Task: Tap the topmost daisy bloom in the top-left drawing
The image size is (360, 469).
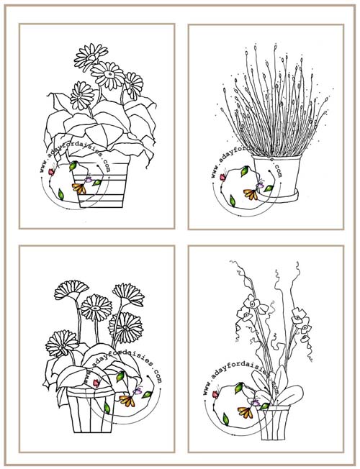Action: pyautogui.click(x=91, y=57)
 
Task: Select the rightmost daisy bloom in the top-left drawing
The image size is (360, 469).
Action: pyautogui.click(x=134, y=86)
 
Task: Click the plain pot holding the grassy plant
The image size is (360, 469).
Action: pyautogui.click(x=276, y=176)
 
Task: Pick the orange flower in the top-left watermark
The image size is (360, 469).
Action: pyautogui.click(x=79, y=188)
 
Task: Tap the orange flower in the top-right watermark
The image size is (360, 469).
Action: pyautogui.click(x=251, y=194)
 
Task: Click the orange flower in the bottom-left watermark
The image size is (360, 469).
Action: pyautogui.click(x=127, y=401)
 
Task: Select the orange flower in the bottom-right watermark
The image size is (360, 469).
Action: pyautogui.click(x=246, y=412)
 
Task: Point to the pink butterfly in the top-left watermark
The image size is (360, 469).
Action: pyautogui.click(x=51, y=171)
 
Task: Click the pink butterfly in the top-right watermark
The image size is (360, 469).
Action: pyautogui.click(x=222, y=177)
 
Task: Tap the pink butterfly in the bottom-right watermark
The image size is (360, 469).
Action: pyautogui.click(x=215, y=394)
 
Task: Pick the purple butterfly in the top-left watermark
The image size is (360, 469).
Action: pyautogui.click(x=89, y=179)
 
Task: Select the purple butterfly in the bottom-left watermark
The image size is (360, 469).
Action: pyautogui.click(x=138, y=391)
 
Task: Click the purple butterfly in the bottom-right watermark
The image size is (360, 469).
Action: pyautogui.click(x=256, y=402)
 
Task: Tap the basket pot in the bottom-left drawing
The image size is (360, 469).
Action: pyautogui.click(x=91, y=410)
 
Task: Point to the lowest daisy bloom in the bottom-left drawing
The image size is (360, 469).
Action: pyautogui.click(x=61, y=344)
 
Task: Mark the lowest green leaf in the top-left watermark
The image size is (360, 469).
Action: pyautogui.click(x=60, y=194)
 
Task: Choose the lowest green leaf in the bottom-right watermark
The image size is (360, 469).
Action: pyautogui.click(x=226, y=419)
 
